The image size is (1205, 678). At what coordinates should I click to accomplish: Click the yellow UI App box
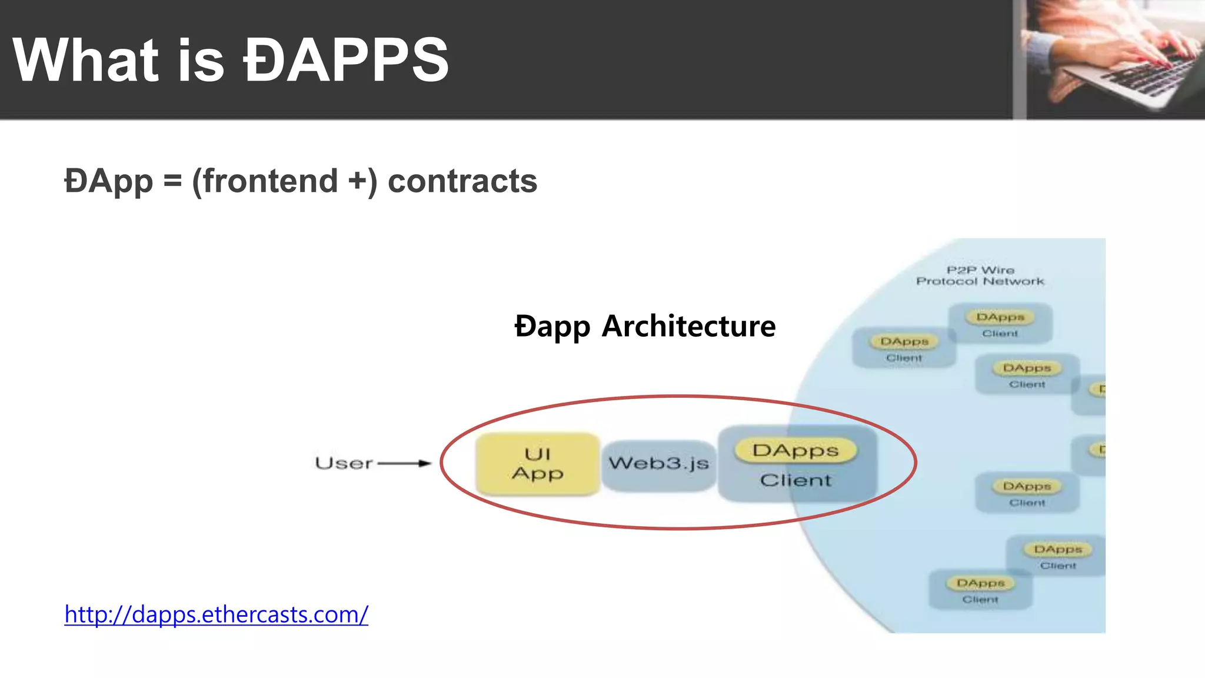tap(537, 464)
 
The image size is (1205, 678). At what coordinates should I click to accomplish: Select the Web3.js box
tap(658, 464)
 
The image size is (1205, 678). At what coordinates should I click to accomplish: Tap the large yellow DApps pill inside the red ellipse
tap(795, 451)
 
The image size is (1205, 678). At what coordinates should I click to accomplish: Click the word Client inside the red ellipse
tap(795, 480)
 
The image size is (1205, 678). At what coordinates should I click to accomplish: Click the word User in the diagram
tap(344, 464)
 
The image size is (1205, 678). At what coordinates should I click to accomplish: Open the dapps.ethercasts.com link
tap(216, 614)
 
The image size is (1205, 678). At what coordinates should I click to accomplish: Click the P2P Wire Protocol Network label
tap(980, 276)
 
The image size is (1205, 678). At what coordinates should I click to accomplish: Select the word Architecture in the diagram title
tap(688, 326)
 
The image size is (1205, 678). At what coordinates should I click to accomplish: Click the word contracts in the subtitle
tap(462, 181)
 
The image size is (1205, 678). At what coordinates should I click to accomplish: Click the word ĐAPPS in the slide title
tap(346, 60)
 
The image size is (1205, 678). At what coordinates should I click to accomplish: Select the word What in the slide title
tap(86, 60)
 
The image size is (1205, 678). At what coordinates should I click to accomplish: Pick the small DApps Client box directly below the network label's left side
tap(904, 348)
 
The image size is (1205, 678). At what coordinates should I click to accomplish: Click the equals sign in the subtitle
tap(172, 181)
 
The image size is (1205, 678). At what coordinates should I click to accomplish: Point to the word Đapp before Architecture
tap(552, 327)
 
